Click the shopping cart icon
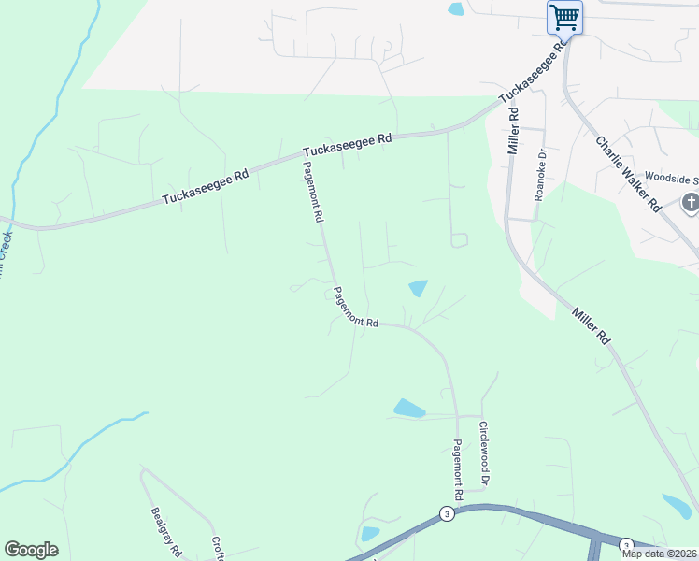click(x=564, y=17)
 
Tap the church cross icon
click(x=691, y=202)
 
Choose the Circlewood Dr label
click(x=484, y=453)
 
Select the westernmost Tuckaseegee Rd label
click(x=206, y=186)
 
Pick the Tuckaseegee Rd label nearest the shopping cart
click(x=534, y=71)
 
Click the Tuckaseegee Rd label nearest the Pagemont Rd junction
click(x=347, y=145)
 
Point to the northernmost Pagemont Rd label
click(x=312, y=191)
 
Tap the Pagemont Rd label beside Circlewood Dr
click(x=458, y=469)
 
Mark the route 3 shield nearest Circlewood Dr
click(x=448, y=514)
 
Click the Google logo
click(x=31, y=550)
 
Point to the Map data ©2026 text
click(x=659, y=554)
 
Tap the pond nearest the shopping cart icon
click(x=456, y=9)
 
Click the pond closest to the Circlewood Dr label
click(x=409, y=409)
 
